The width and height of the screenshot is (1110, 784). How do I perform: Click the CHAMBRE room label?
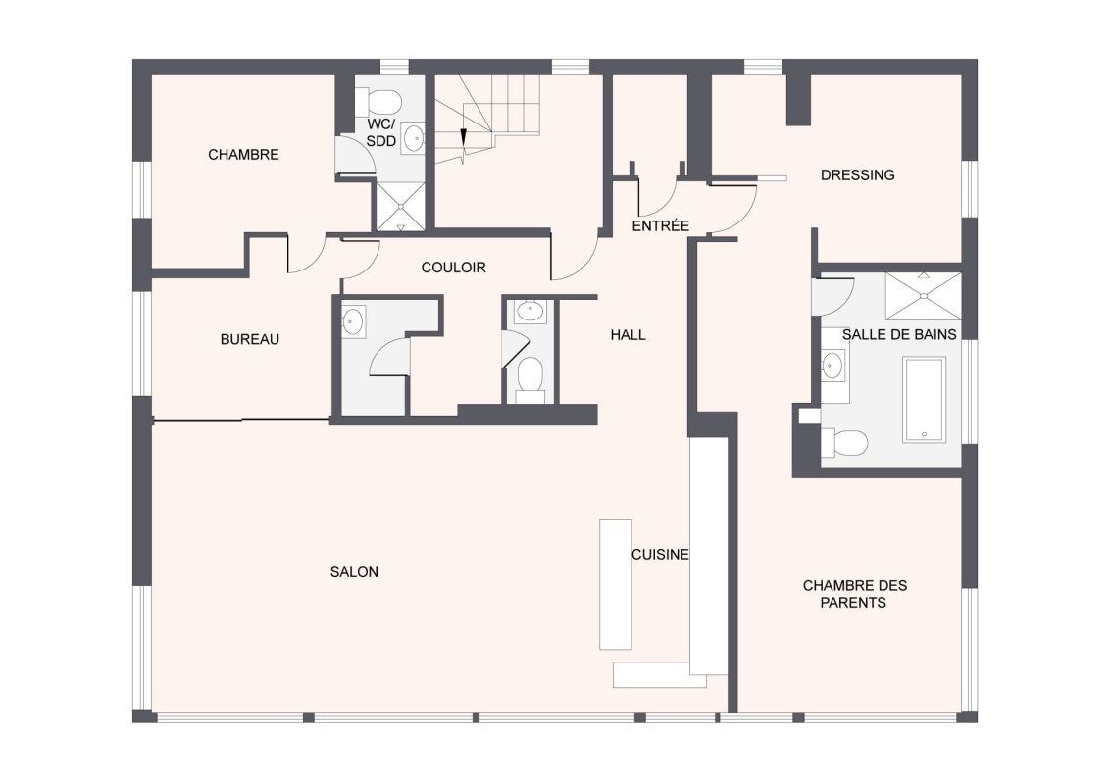pos(243,154)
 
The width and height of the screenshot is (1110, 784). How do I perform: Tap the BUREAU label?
pos(249,340)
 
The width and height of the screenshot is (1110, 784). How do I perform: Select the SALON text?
pos(354,571)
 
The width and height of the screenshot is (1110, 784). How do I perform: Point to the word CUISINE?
pos(660,554)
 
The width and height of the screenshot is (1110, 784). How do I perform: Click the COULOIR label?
pos(453,268)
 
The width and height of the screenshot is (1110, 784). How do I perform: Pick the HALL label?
pos(628,335)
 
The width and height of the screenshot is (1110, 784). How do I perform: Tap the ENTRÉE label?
pos(661,225)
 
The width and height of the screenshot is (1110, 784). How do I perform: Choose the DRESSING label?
pos(857,174)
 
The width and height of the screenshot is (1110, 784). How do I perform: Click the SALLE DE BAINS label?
pos(899,334)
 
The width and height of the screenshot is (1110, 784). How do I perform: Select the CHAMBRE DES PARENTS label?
pos(854,594)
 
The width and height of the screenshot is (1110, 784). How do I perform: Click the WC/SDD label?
pos(380,133)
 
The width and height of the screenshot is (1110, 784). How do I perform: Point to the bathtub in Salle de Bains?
pos(924,400)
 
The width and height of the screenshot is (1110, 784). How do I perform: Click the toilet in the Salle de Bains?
pos(844,444)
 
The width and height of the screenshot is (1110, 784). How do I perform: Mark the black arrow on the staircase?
pos(463,137)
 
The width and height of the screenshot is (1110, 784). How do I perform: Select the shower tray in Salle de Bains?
pos(923,296)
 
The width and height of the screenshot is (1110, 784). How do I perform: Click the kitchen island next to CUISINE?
pos(615,584)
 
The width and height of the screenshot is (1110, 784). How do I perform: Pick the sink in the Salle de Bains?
pos(832,366)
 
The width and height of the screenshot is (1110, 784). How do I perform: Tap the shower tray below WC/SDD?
pos(401,207)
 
